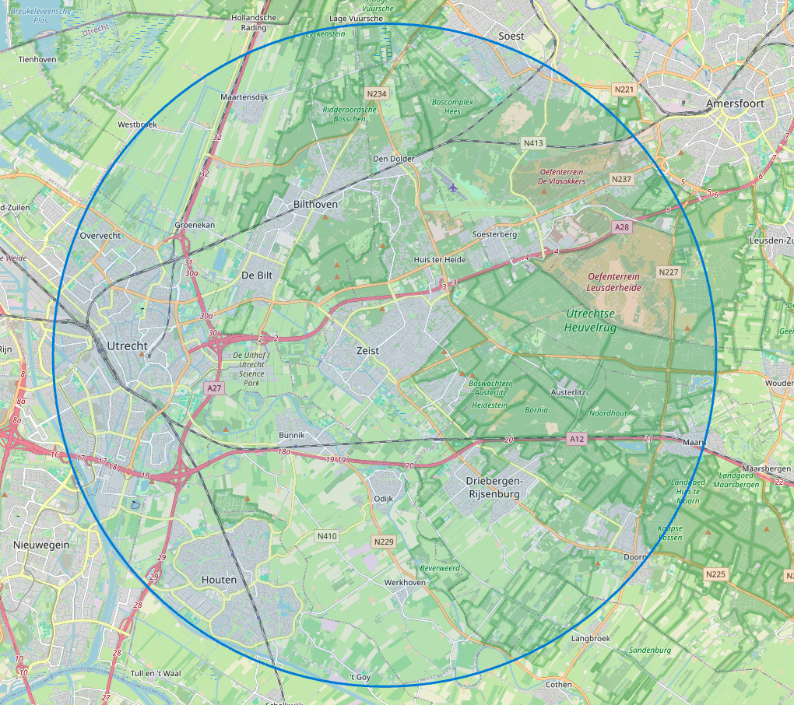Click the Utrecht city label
(x=127, y=345)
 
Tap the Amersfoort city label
(x=735, y=103)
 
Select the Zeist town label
(x=367, y=351)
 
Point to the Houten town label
(x=219, y=580)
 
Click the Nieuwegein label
(x=41, y=545)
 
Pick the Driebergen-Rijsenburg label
(x=493, y=487)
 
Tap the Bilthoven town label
(x=315, y=204)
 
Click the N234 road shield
(x=376, y=93)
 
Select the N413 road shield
(x=533, y=143)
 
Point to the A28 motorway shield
(x=621, y=226)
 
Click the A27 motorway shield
(x=214, y=387)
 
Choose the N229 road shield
(x=384, y=542)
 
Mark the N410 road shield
(x=327, y=536)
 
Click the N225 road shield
(x=715, y=574)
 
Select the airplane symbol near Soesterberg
(x=454, y=187)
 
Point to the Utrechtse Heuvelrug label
(x=601, y=321)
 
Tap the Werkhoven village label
(x=405, y=582)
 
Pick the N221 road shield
(x=625, y=89)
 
